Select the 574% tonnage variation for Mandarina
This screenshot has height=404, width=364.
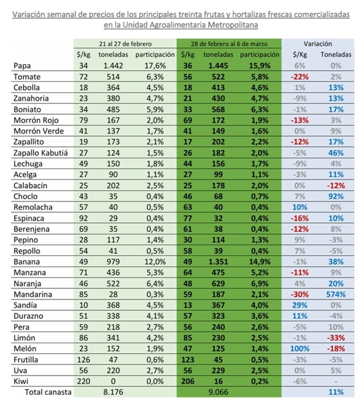click(335, 294)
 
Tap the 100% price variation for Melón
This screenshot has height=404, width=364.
click(299, 349)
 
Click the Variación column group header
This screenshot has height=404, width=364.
click(317, 44)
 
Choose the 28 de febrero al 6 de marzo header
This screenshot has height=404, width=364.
click(229, 44)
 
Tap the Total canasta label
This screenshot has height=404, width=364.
click(48, 392)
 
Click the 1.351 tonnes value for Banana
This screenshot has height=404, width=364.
click(218, 262)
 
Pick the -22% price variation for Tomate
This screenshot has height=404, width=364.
click(299, 77)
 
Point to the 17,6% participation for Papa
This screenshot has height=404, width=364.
click(155, 66)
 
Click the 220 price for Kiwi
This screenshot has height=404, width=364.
click(83, 381)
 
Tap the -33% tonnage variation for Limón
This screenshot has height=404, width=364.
click(336, 338)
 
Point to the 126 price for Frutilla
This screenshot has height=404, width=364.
click(83, 359)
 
